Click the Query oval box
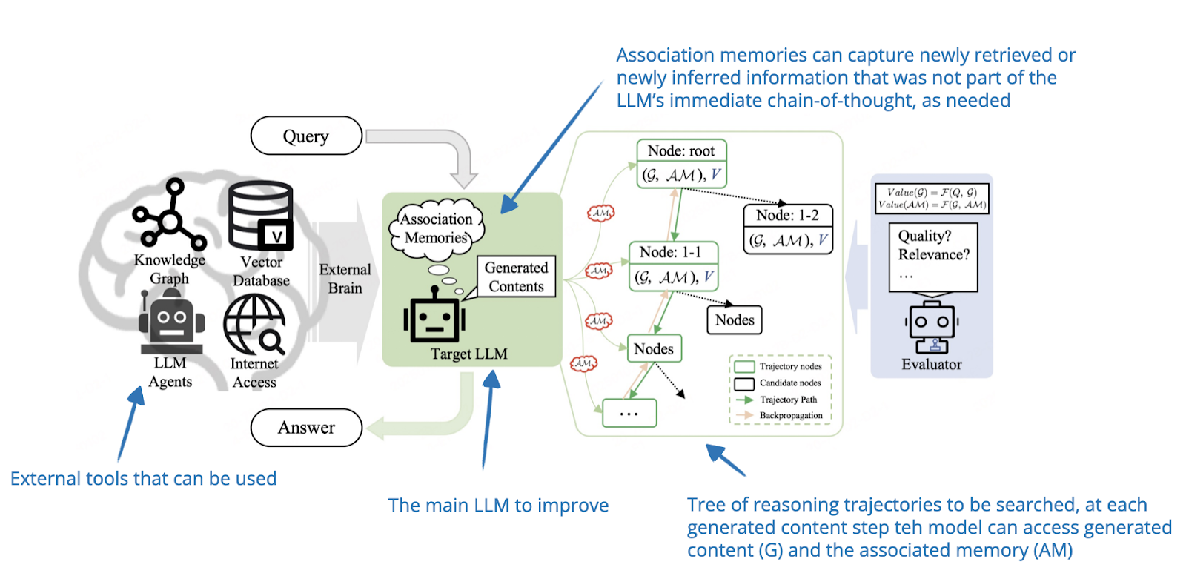tap(306, 136)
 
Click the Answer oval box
tap(306, 428)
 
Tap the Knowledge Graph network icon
tap(170, 215)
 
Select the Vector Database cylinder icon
tap(260, 216)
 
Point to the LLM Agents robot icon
tap(171, 321)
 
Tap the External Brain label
tap(345, 279)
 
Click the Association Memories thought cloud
tap(436, 228)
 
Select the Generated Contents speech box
tap(516, 277)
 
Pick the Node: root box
tap(681, 163)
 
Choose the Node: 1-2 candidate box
tap(787, 228)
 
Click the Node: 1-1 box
tap(673, 265)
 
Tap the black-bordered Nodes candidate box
tap(734, 320)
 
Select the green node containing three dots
tap(629, 413)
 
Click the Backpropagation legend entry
tap(789, 416)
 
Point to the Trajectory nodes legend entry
tap(789, 366)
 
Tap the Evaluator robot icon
tap(932, 327)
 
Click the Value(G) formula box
tap(932, 198)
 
